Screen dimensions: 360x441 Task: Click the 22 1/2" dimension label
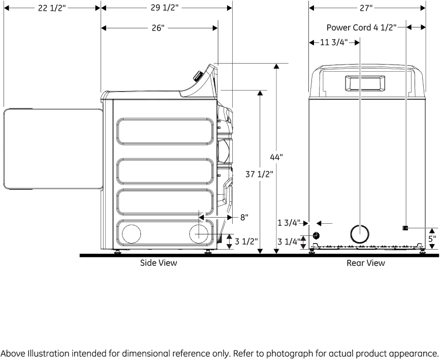pos(51,9)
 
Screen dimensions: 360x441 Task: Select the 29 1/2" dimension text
pos(160,9)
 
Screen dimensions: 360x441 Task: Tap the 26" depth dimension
pos(158,28)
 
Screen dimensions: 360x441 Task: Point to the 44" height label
pos(276,158)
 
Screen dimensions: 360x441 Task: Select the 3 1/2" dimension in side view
pos(246,241)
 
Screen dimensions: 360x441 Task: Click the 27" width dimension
pos(366,9)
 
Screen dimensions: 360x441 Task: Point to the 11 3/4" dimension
pos(334,43)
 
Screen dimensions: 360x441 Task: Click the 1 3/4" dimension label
pos(289,223)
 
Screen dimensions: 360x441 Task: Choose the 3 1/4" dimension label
pos(289,242)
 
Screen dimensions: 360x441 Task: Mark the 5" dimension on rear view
pos(432,238)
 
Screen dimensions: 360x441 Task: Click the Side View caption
pos(159,263)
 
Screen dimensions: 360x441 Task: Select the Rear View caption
pos(366,263)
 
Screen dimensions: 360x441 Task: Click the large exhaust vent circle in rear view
pos(360,234)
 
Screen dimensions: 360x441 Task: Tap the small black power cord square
pos(405,228)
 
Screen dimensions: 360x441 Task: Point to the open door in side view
pos(51,148)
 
